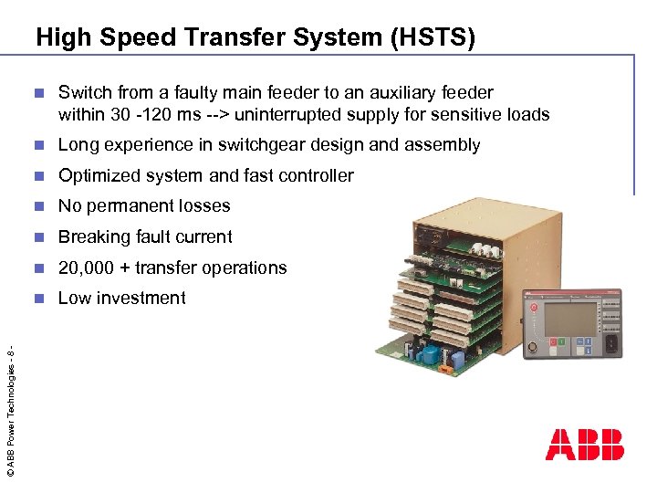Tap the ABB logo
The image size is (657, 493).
[x=584, y=444]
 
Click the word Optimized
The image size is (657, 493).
[x=96, y=175]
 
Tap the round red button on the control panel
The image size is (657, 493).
[x=532, y=309]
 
